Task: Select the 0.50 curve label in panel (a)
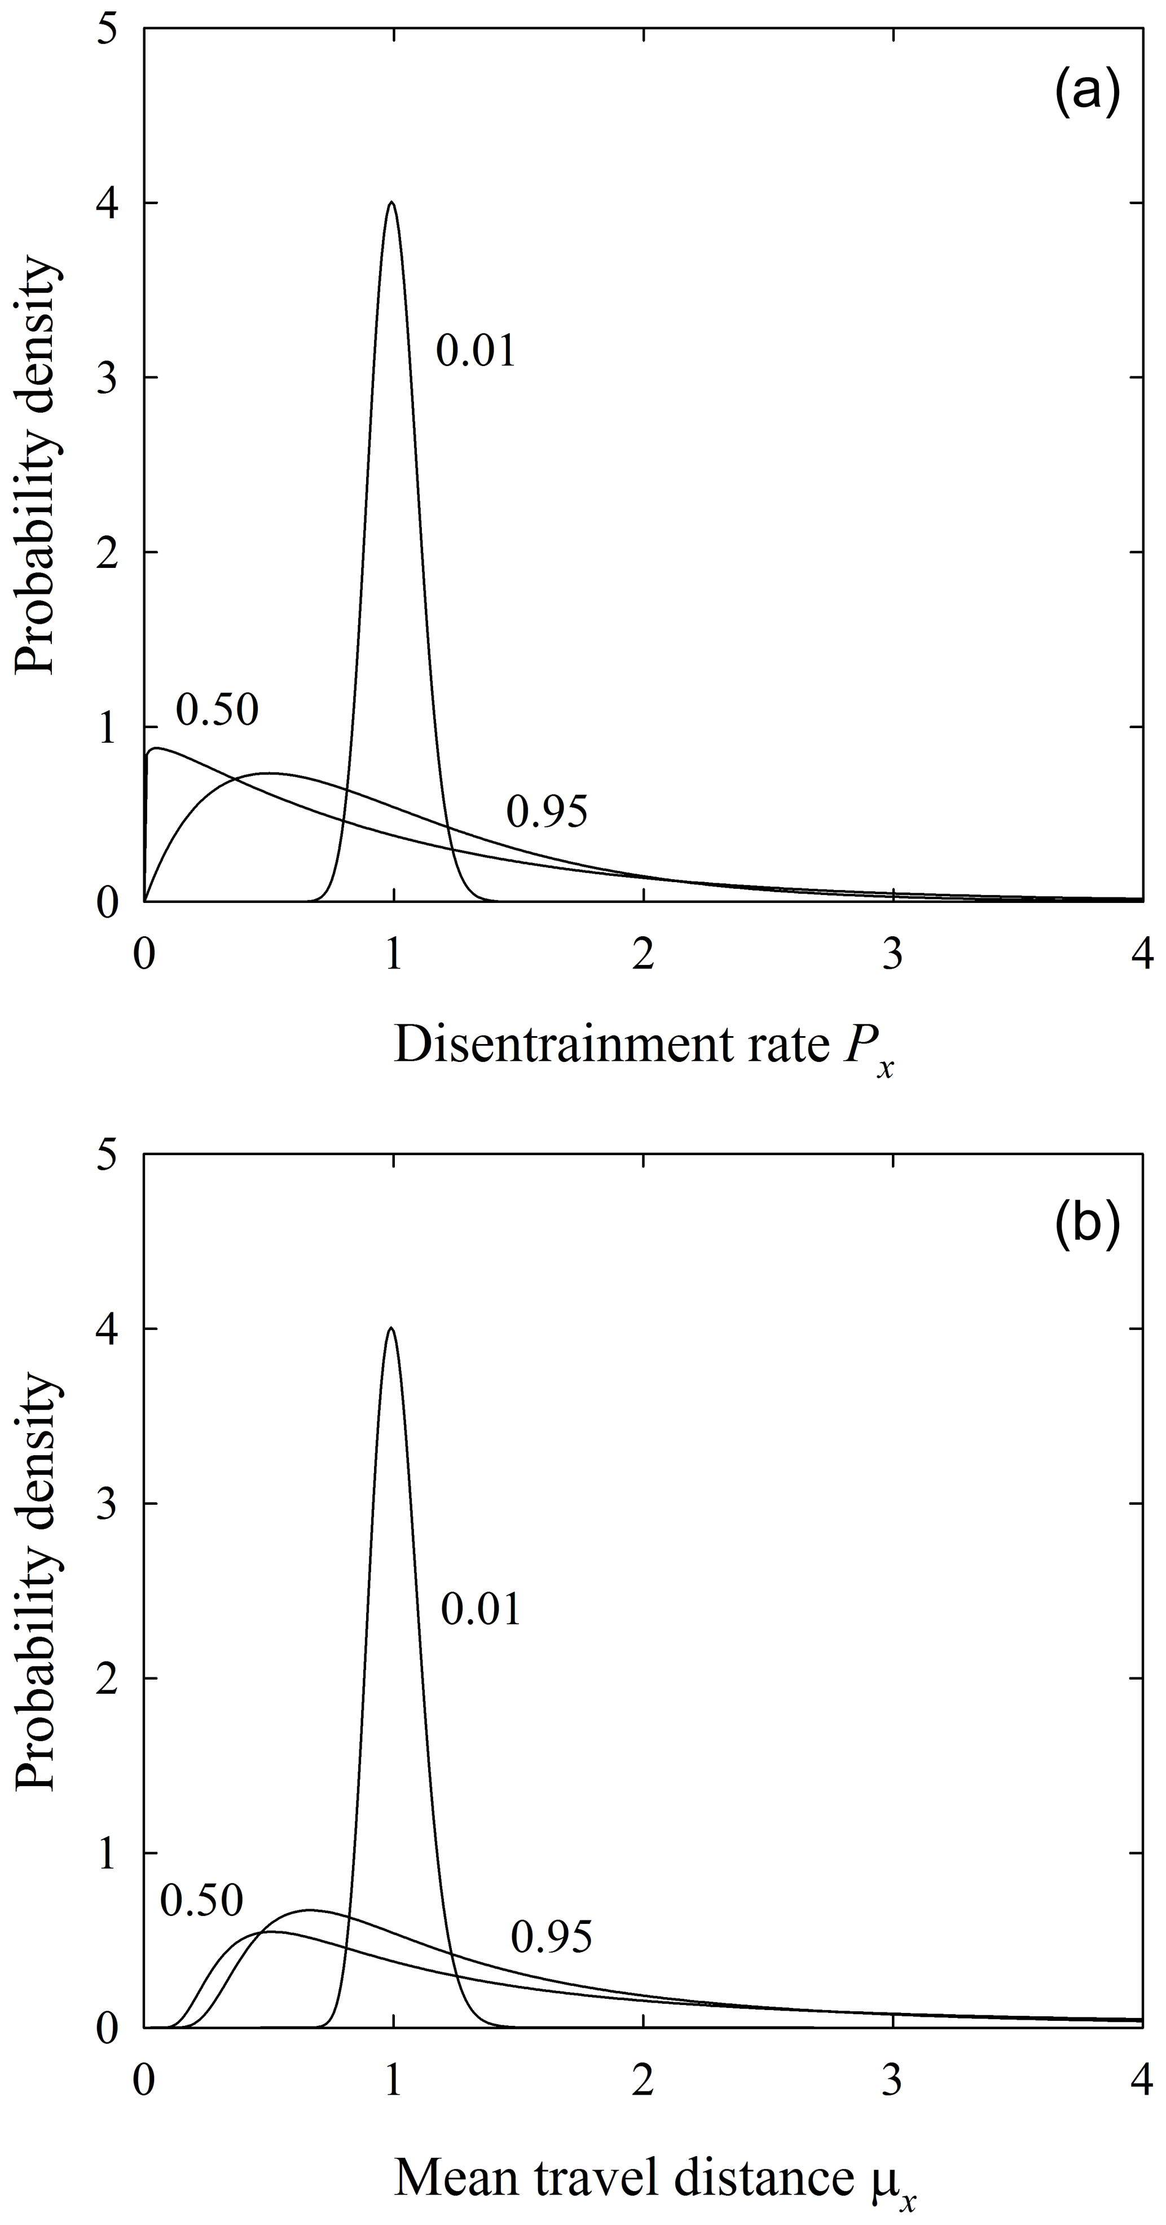pyautogui.click(x=217, y=711)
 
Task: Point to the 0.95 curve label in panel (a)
pyautogui.click(x=547, y=813)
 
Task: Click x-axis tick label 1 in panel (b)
pyautogui.click(x=393, y=2082)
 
